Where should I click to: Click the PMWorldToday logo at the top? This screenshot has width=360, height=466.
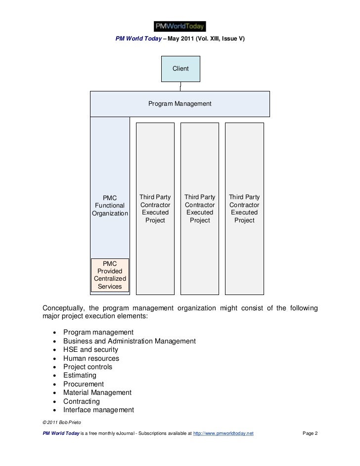tap(180, 26)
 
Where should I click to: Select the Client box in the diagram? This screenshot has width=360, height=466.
tap(180, 69)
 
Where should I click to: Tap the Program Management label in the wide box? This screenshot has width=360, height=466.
tap(180, 104)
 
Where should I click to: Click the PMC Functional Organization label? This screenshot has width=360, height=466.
tap(110, 206)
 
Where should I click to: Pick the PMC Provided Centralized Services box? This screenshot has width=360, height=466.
tap(110, 275)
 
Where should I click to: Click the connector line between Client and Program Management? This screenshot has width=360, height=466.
tap(180, 86)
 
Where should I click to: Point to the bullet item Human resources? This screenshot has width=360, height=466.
tap(91, 358)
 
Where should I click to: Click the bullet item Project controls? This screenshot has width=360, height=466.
tap(88, 367)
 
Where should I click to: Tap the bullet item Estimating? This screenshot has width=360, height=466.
tap(80, 376)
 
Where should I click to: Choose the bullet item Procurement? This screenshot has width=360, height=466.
tap(84, 384)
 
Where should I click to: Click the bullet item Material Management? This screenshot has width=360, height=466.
tap(97, 392)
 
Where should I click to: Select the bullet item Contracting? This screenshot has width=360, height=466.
tap(81, 401)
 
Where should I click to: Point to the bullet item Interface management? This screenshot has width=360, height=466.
tap(98, 410)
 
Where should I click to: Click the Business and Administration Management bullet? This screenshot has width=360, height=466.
tap(130, 341)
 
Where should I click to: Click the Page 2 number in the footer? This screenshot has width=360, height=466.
tap(310, 433)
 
